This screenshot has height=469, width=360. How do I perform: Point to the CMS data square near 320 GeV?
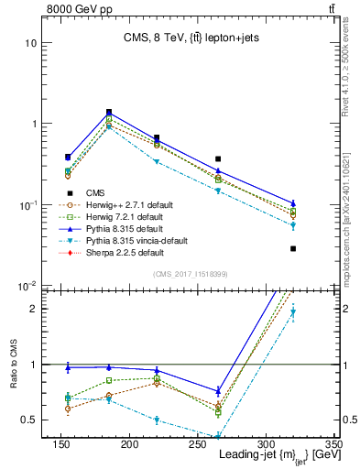[293, 248]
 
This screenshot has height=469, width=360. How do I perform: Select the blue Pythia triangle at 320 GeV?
[293, 202]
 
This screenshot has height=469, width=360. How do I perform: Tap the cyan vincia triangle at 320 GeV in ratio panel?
[293, 312]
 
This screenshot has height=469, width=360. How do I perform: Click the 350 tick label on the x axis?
[333, 444]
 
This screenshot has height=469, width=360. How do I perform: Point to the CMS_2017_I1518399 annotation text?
[191, 273]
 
